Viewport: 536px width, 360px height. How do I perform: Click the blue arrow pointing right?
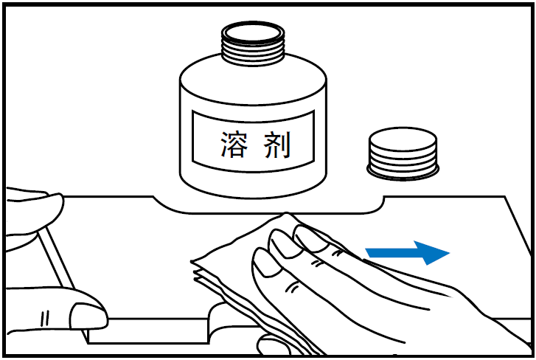click(x=407, y=253)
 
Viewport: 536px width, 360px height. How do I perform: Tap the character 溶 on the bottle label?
click(x=234, y=145)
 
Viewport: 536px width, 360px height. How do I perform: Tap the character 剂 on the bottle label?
click(x=277, y=145)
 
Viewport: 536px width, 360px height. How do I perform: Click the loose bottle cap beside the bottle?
click(x=403, y=153)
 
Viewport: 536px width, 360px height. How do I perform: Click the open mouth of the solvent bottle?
click(x=253, y=33)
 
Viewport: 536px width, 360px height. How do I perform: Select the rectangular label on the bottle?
click(x=253, y=141)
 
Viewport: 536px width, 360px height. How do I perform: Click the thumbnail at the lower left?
click(x=89, y=316)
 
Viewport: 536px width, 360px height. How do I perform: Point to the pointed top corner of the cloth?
click(x=287, y=214)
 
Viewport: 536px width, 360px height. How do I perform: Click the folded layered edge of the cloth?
click(x=205, y=274)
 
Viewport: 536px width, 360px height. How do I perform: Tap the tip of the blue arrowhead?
click(x=449, y=253)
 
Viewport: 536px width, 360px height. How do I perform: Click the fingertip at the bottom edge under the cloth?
click(x=274, y=345)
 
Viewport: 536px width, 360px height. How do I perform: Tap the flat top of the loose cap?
click(x=403, y=139)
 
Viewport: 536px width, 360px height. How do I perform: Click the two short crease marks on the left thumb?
click(x=45, y=319)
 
